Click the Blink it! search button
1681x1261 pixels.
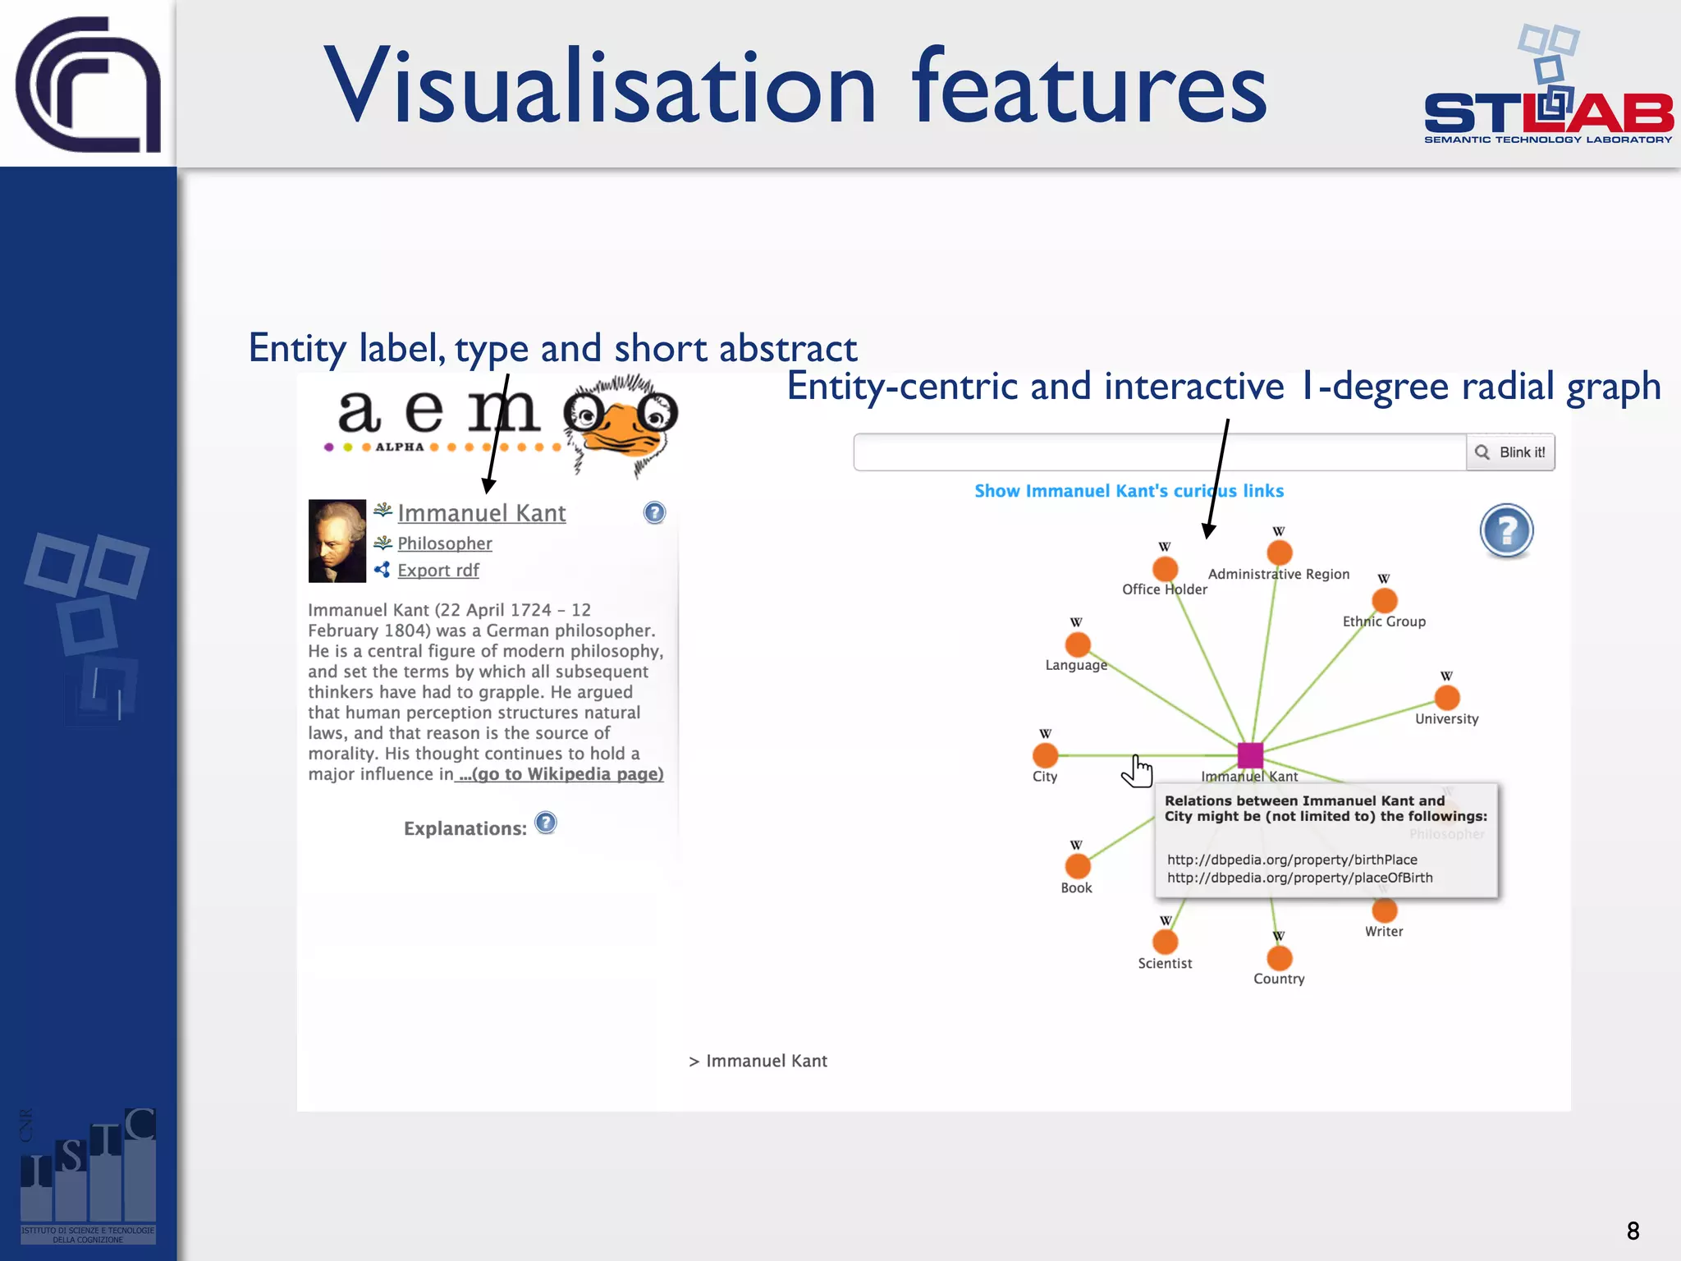point(1511,452)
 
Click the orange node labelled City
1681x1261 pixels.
point(1045,754)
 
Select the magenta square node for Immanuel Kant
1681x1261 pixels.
point(1250,754)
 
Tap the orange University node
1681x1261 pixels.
point(1447,698)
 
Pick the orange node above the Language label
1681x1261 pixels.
point(1078,644)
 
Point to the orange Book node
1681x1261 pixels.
point(1078,866)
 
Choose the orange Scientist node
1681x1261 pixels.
point(1166,942)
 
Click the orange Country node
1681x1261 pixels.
point(1280,958)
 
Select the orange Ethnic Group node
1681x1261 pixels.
point(1385,600)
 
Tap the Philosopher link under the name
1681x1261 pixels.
point(444,543)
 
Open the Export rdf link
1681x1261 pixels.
point(437,571)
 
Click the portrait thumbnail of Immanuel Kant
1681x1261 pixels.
point(337,541)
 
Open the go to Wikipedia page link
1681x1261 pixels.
point(561,774)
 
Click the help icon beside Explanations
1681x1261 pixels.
point(546,823)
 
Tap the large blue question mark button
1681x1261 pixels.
point(1506,530)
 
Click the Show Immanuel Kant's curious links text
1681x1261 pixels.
point(1129,491)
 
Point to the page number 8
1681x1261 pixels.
point(1633,1231)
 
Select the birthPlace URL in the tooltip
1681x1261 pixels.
point(1292,860)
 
